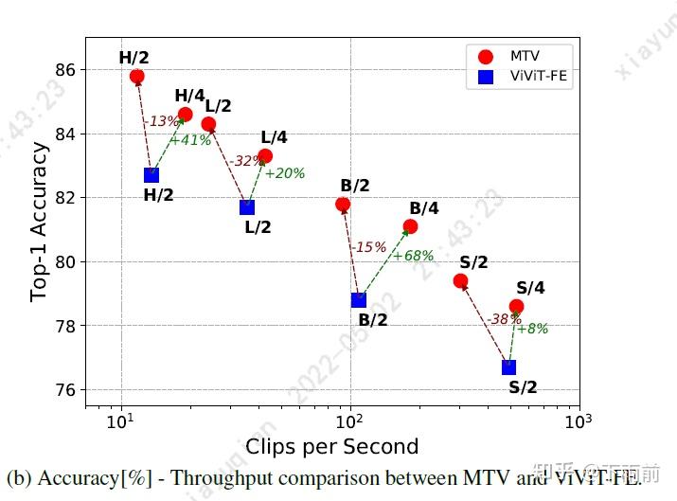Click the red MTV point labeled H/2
click(x=137, y=76)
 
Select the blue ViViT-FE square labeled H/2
click(x=151, y=174)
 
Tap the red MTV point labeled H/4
click(x=186, y=115)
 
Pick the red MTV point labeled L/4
click(x=265, y=156)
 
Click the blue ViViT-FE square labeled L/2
click(x=247, y=207)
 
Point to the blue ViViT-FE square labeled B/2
click(x=359, y=300)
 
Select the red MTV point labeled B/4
click(x=410, y=226)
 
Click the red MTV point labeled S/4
click(x=516, y=306)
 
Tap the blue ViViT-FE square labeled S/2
click(x=509, y=367)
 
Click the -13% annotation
click(x=161, y=121)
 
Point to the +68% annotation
click(x=414, y=256)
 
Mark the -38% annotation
click(x=503, y=319)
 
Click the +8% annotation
click(x=532, y=329)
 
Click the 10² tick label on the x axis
click(x=350, y=420)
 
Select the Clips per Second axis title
click(x=331, y=445)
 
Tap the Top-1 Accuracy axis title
click(x=39, y=222)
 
